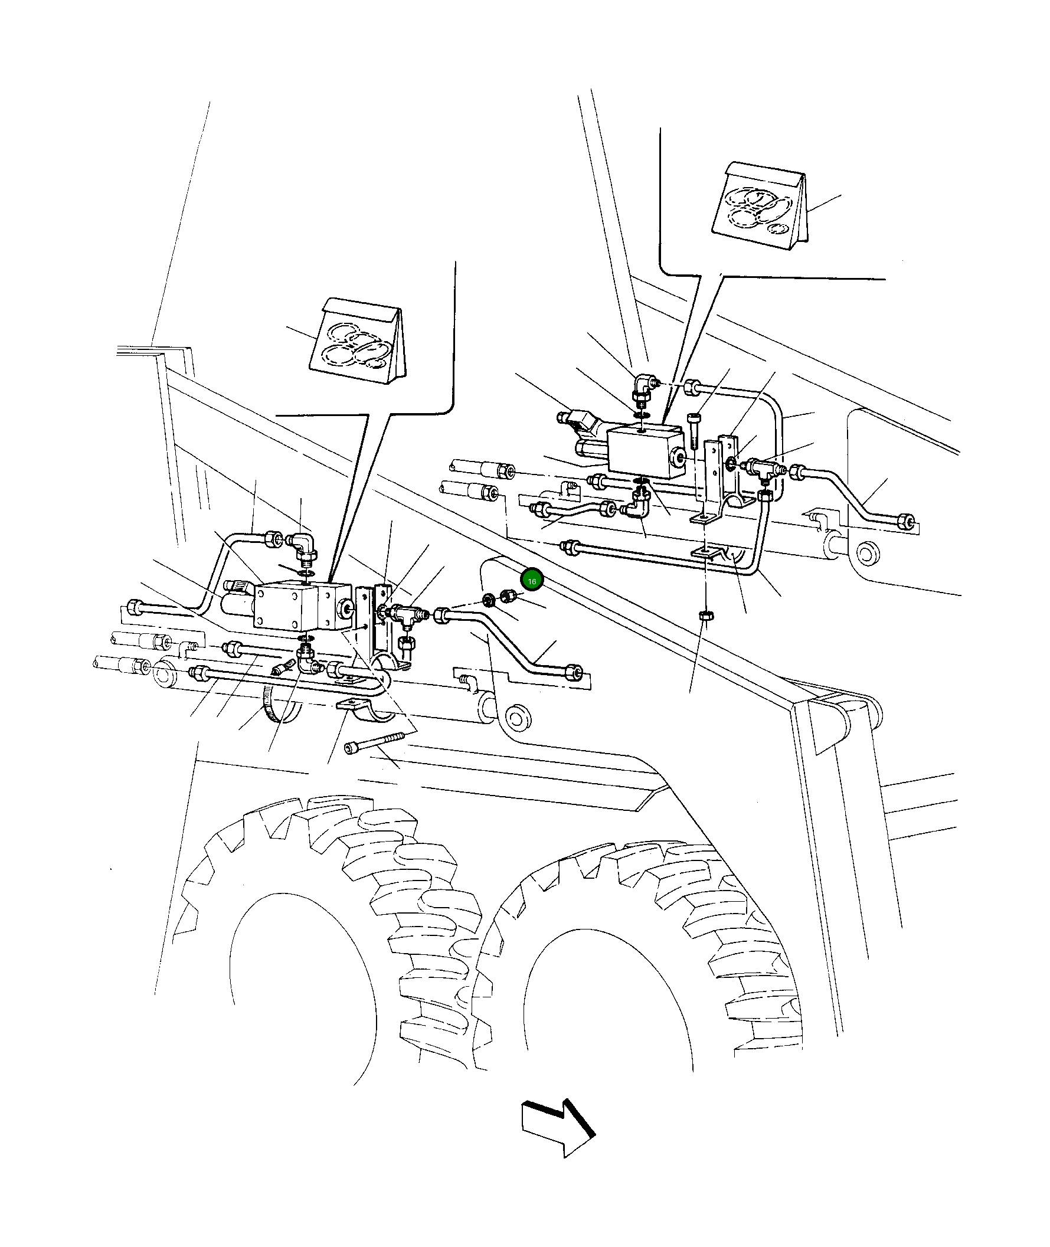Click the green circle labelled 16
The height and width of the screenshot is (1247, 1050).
pyautogui.click(x=532, y=581)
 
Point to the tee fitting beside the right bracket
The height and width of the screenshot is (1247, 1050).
pyautogui.click(x=764, y=467)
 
